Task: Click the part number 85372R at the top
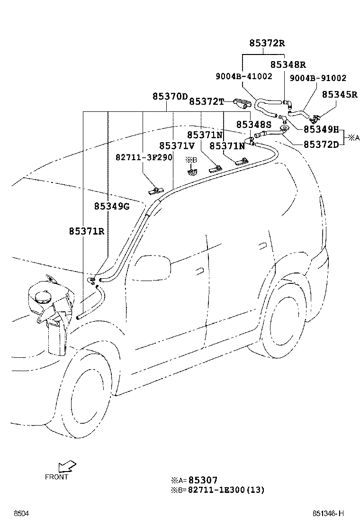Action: click(267, 43)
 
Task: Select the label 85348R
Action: click(288, 64)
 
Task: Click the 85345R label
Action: click(340, 94)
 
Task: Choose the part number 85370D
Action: click(170, 96)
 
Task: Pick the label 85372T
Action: click(206, 101)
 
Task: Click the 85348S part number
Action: click(253, 124)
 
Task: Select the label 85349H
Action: click(321, 129)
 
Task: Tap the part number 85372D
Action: click(321, 144)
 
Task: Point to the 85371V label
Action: click(177, 145)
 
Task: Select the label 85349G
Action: click(111, 206)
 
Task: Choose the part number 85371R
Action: click(86, 231)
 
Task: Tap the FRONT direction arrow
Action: click(65, 468)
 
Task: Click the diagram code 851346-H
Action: click(327, 514)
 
